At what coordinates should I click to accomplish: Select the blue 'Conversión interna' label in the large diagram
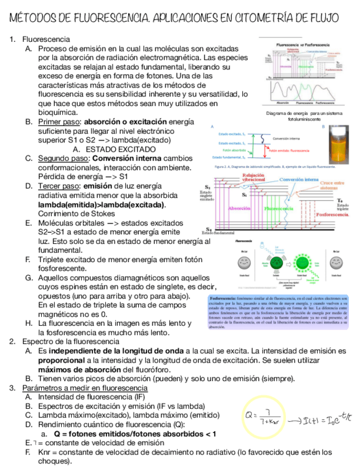299,180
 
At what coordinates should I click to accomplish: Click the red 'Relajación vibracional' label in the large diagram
254,177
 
